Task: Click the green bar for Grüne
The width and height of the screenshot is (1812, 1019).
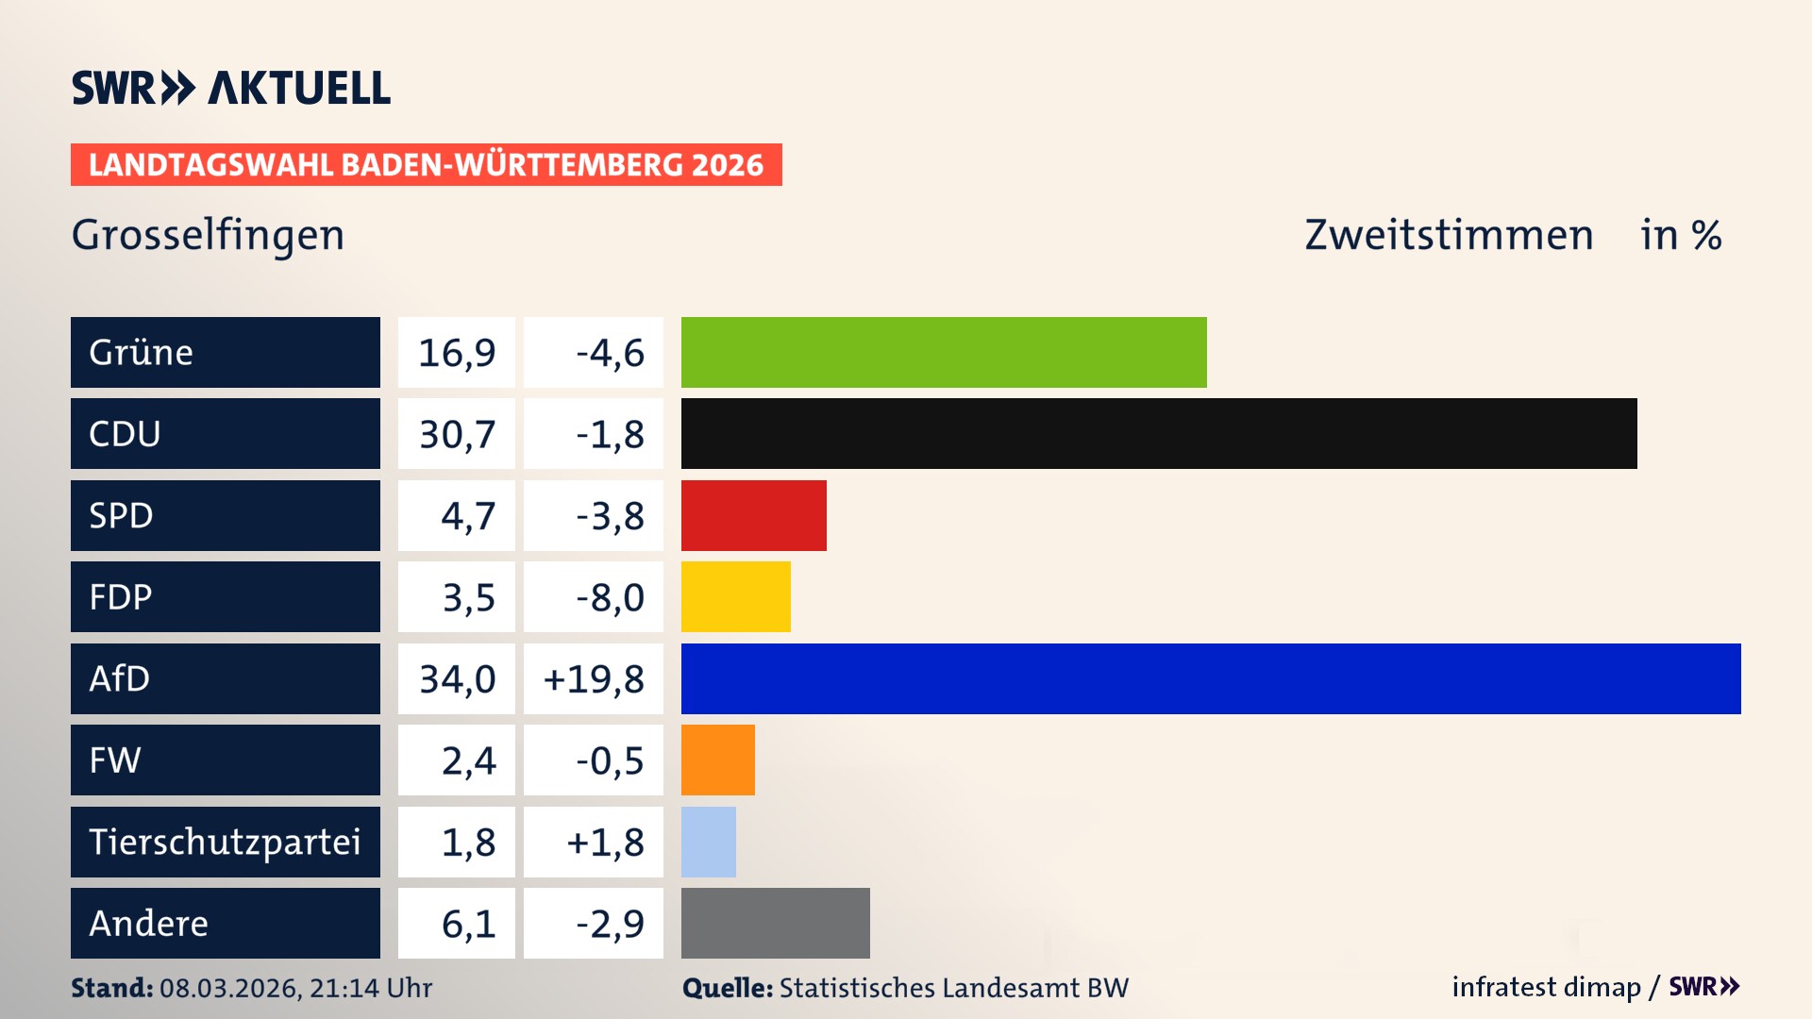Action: (944, 352)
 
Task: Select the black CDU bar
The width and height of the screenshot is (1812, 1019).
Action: (1159, 433)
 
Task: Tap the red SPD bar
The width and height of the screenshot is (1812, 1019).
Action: (753, 515)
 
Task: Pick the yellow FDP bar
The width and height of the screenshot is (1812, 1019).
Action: (735, 596)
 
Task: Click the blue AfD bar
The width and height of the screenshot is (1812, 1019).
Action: (1211, 678)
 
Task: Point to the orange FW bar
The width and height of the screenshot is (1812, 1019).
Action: (717, 760)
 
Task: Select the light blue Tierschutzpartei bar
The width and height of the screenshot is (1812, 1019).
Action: (708, 842)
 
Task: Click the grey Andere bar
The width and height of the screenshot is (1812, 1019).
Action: (775, 923)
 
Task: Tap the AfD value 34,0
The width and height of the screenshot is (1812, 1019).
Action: (457, 679)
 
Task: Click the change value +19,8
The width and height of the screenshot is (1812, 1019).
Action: (594, 679)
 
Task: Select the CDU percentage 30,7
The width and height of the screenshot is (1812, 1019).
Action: (457, 434)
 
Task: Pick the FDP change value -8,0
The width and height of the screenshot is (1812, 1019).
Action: (610, 597)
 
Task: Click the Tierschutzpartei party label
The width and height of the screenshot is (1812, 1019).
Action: (225, 842)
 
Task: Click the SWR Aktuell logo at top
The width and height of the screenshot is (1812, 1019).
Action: (230, 88)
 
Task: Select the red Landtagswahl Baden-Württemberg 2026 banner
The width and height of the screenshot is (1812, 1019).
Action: (426, 165)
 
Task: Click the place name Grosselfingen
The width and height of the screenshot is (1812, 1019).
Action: (208, 235)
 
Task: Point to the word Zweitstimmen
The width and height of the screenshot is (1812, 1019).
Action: (1448, 235)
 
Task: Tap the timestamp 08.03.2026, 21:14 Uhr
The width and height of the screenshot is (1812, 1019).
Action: (295, 988)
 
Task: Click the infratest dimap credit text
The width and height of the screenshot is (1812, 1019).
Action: (1545, 987)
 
